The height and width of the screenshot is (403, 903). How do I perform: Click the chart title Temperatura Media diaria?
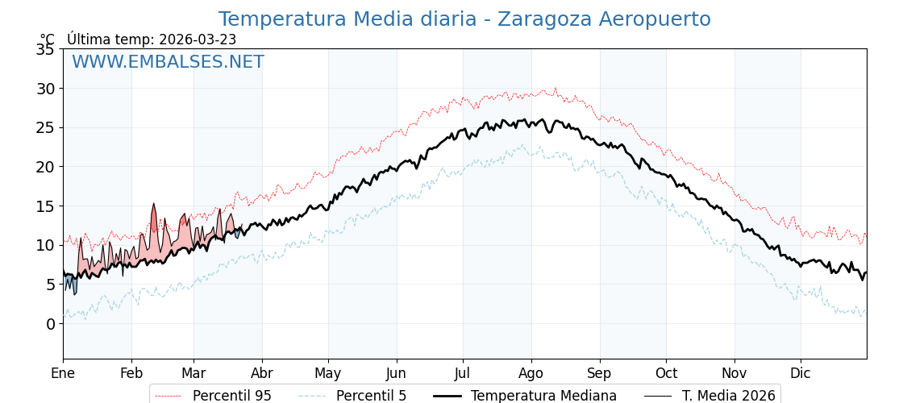[464, 19]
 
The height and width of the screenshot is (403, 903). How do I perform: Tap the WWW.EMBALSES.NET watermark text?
[168, 62]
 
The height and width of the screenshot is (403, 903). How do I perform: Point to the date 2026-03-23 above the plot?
[198, 39]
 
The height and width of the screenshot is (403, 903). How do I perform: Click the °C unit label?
[48, 39]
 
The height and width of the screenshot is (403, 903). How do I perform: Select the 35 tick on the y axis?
[45, 49]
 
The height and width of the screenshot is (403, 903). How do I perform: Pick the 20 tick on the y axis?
[45, 167]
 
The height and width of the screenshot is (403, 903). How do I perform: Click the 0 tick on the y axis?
[50, 324]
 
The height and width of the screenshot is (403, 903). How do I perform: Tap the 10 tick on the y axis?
[45, 245]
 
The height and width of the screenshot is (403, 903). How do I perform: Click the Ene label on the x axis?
[63, 373]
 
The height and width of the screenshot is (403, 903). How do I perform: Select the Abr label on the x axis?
[262, 373]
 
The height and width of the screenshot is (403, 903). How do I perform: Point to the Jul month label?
[463, 373]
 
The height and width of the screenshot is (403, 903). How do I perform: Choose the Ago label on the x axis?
[531, 373]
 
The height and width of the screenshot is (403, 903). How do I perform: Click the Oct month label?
[666, 373]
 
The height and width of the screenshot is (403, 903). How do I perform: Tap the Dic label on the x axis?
[801, 373]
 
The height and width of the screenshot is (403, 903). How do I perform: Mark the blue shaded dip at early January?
[71, 285]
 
